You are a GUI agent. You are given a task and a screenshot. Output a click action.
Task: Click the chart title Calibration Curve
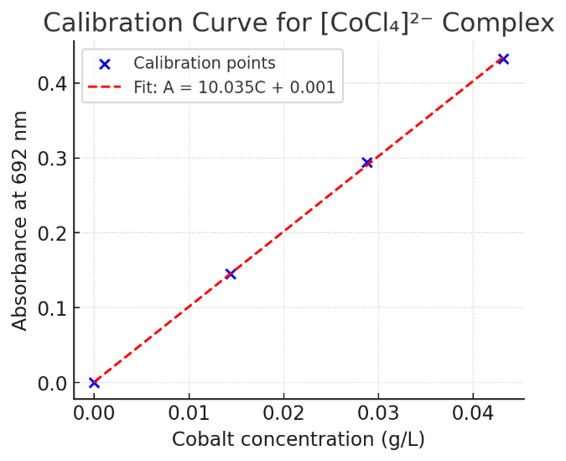pyautogui.click(x=298, y=23)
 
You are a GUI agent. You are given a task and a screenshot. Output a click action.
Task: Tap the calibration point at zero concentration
pyautogui.click(x=94, y=383)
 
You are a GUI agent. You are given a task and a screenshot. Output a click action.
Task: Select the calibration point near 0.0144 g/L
pyautogui.click(x=231, y=274)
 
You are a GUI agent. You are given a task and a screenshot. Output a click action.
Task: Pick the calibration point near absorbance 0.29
pyautogui.click(x=366, y=162)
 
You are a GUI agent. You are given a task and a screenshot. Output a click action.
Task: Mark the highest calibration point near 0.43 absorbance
pyautogui.click(x=503, y=59)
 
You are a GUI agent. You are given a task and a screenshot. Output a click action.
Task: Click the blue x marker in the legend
pyautogui.click(x=105, y=64)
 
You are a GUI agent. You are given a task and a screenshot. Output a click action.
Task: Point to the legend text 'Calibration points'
pyautogui.click(x=205, y=64)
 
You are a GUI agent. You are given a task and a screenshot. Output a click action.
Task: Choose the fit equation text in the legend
pyautogui.click(x=235, y=87)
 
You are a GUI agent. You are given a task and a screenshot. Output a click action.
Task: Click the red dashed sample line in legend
pyautogui.click(x=105, y=87)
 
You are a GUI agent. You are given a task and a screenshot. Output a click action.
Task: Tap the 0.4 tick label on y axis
pyautogui.click(x=52, y=84)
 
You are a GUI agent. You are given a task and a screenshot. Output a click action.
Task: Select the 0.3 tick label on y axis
pyautogui.click(x=52, y=159)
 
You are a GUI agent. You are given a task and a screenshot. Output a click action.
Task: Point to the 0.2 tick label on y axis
pyautogui.click(x=52, y=233)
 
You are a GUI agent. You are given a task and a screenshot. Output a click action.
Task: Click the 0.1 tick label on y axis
pyautogui.click(x=52, y=308)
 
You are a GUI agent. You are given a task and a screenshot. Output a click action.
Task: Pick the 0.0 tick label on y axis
pyautogui.click(x=52, y=383)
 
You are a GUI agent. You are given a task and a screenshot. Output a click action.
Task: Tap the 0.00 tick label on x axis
pyautogui.click(x=94, y=414)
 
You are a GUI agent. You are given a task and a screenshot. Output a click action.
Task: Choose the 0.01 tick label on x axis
pyautogui.click(x=189, y=414)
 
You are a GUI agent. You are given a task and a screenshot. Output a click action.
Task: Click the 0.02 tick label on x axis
pyautogui.click(x=283, y=414)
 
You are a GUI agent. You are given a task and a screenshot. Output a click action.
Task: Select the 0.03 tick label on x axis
pyautogui.click(x=378, y=414)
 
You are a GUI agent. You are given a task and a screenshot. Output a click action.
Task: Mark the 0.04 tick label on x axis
pyautogui.click(x=473, y=414)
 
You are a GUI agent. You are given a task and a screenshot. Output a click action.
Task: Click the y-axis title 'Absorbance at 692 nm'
pyautogui.click(x=20, y=220)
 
